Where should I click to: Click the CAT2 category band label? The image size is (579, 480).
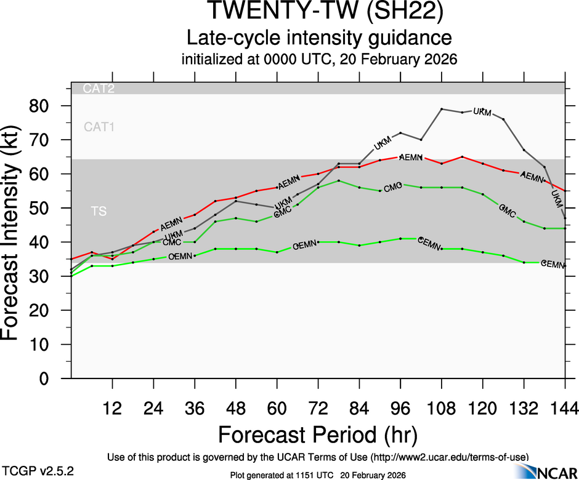click(99, 89)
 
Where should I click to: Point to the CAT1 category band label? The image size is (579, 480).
click(99, 127)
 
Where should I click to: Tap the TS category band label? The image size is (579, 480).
click(99, 212)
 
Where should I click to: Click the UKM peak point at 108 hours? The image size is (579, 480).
click(442, 109)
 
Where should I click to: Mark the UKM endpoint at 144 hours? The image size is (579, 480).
click(565, 218)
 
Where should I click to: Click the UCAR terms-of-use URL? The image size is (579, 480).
click(449, 457)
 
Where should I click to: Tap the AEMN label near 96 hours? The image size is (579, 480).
click(410, 158)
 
